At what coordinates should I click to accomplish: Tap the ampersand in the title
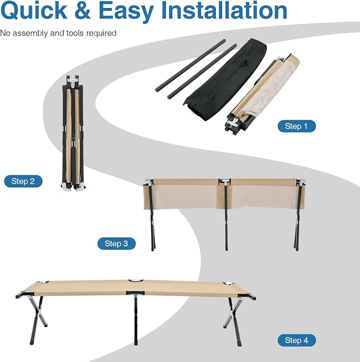tap(83, 11)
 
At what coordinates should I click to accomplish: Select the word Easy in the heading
tap(126, 12)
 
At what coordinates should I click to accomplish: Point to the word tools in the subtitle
tap(75, 33)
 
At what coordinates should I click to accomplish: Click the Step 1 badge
tap(296, 126)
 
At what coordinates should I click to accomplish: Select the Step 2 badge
tap(23, 181)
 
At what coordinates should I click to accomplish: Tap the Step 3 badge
tap(117, 243)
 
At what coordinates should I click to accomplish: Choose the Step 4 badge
tap(296, 340)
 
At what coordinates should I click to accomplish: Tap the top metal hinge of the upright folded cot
tap(73, 82)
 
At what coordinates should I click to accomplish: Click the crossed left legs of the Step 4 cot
tap(38, 320)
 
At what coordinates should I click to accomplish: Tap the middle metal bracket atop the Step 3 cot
tap(225, 181)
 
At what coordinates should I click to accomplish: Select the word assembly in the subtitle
tap(30, 33)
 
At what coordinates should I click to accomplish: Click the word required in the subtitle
tap(101, 33)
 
